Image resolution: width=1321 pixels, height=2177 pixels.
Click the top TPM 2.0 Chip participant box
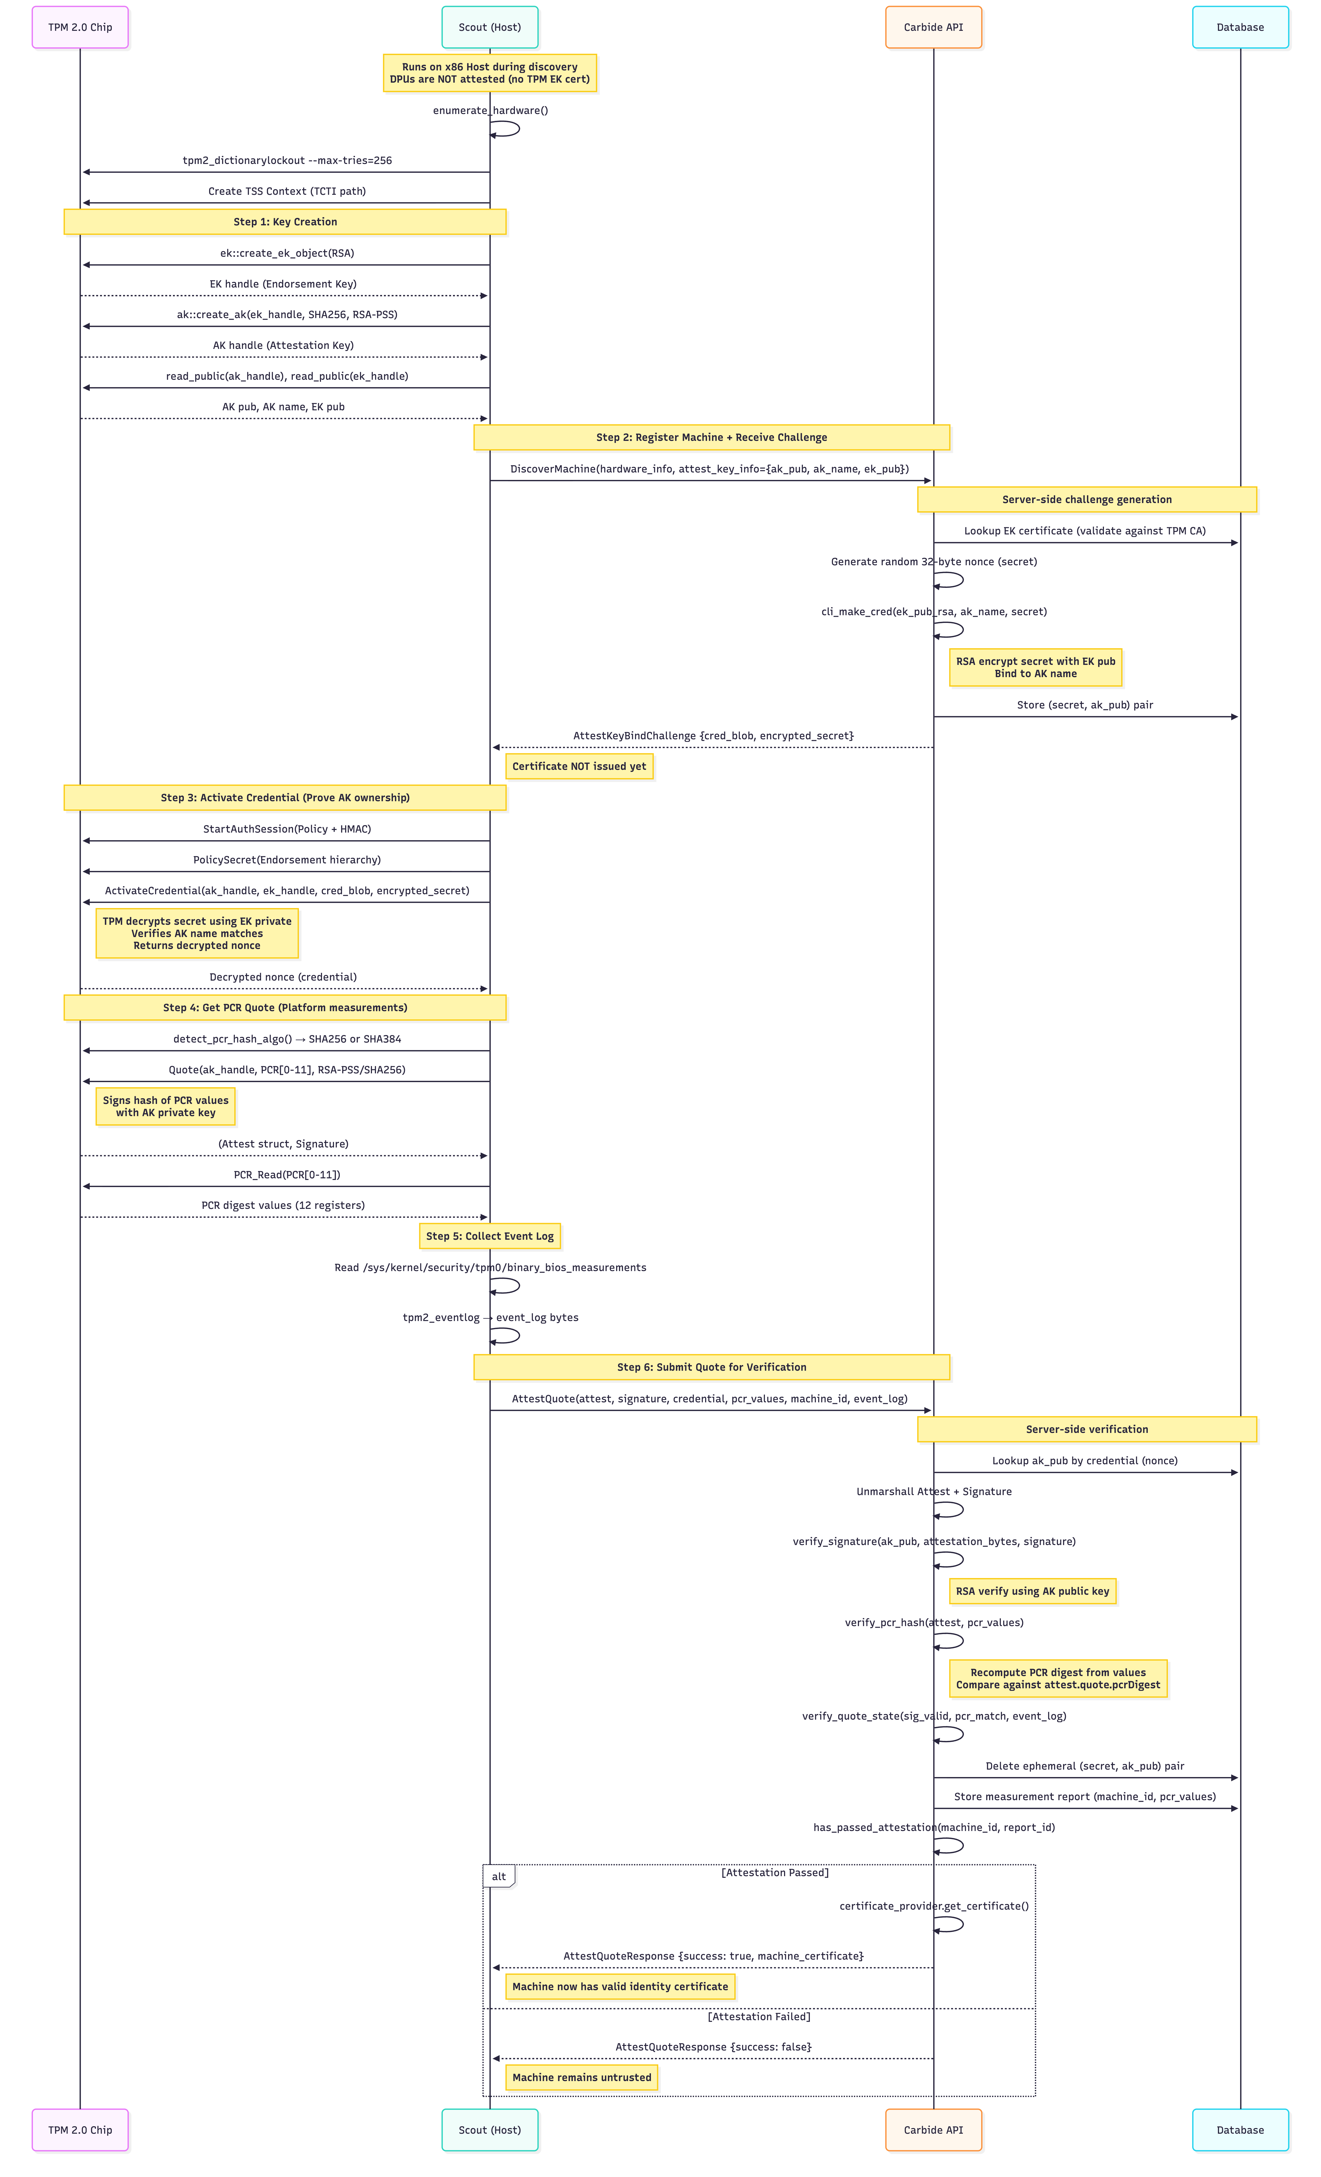81,27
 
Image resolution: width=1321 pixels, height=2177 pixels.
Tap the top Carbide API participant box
933,27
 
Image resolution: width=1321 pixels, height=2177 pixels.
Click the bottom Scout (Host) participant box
489,2129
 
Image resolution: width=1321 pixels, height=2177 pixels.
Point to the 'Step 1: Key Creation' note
285,222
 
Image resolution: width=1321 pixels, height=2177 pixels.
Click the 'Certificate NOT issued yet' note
579,766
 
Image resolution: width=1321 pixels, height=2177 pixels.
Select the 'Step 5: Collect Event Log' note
489,1236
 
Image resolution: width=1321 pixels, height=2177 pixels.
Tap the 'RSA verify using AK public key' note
1032,1591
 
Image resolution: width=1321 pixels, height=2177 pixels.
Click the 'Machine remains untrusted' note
581,2077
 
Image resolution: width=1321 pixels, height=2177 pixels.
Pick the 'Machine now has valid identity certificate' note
619,1986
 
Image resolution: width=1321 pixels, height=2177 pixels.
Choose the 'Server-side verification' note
1087,1429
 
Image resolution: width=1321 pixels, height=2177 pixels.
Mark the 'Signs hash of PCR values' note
165,1106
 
